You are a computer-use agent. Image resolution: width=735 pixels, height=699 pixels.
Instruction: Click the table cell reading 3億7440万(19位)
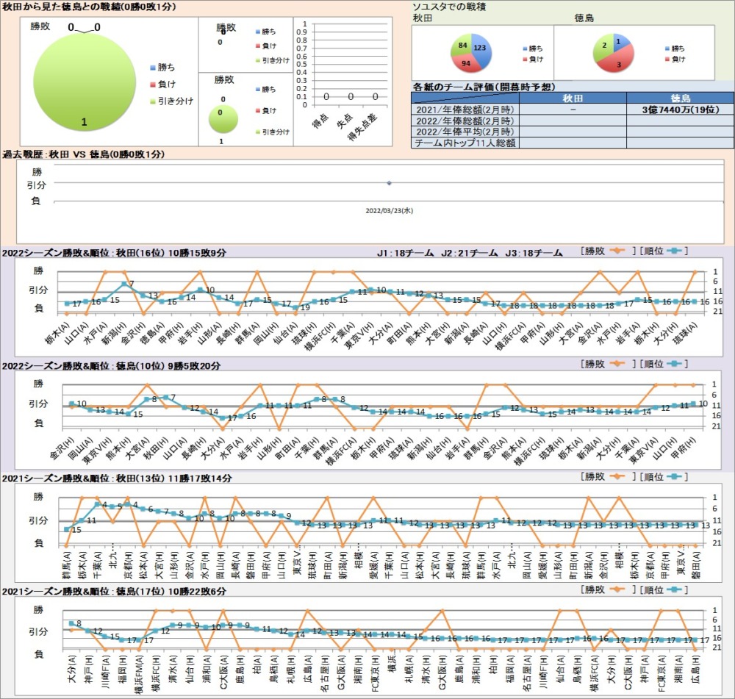(x=680, y=109)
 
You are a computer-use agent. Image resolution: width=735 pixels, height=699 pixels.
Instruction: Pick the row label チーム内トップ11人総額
(x=465, y=143)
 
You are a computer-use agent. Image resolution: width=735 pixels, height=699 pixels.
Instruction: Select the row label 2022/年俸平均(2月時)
(x=465, y=132)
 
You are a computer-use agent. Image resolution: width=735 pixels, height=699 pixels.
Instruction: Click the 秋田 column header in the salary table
(x=573, y=97)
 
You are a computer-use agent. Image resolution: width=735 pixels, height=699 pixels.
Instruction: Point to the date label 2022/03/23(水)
(x=389, y=209)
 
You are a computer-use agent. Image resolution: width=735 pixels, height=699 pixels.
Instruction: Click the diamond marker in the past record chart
(x=389, y=183)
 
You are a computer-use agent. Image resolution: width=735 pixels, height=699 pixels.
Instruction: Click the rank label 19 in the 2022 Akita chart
(x=305, y=307)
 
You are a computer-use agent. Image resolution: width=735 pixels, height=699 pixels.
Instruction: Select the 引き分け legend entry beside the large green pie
(x=175, y=101)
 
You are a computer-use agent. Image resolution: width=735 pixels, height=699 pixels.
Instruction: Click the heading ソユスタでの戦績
(x=449, y=7)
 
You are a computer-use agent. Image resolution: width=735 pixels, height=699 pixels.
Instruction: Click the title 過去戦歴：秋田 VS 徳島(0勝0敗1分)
(x=84, y=154)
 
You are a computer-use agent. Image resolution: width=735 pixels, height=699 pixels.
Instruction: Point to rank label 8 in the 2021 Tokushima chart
(x=79, y=624)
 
